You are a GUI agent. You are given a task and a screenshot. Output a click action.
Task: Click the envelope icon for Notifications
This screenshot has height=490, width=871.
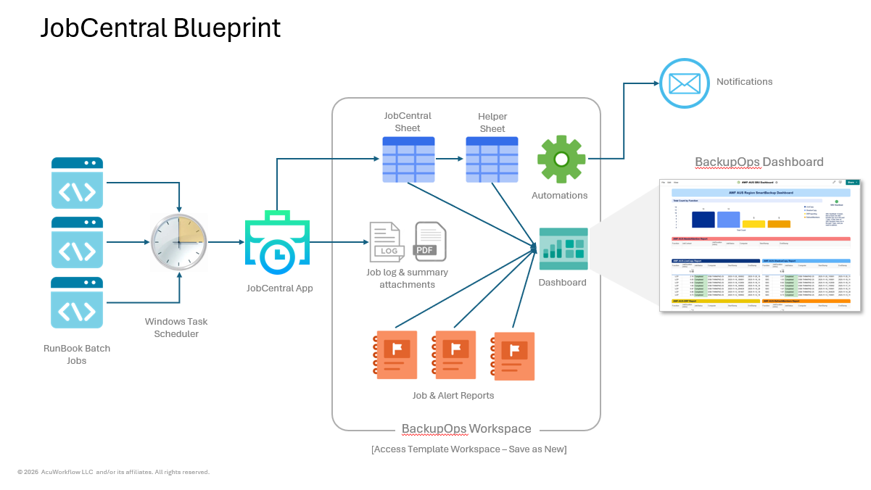coord(684,83)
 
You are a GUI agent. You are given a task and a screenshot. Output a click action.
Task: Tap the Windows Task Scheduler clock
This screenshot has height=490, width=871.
coord(179,243)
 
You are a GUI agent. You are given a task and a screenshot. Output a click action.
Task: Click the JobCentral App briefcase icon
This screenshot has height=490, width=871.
coord(276,243)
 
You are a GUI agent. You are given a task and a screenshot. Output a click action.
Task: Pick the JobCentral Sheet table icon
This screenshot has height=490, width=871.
coord(408,159)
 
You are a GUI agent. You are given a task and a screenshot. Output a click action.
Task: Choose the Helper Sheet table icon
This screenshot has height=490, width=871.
coord(492,159)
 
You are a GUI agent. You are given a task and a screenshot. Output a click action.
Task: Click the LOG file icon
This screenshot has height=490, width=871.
coord(387,241)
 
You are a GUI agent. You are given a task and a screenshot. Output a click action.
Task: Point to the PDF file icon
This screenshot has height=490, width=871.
coord(430,241)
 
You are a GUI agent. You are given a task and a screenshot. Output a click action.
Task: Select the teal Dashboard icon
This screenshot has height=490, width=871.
coord(564,249)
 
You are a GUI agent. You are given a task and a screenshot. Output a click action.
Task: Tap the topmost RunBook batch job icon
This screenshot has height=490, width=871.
coord(77,183)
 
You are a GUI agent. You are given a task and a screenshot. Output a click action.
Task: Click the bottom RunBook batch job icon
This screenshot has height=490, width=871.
coord(77,302)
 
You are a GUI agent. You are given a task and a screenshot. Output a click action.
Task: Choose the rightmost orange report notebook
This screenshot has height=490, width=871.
coord(513,357)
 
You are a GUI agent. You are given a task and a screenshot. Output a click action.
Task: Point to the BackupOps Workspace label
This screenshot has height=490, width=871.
coord(466,429)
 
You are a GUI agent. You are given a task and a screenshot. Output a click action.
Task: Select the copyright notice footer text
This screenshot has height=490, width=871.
coord(113,472)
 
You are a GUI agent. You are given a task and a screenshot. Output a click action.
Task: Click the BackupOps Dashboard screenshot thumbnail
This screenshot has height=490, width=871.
coord(759,245)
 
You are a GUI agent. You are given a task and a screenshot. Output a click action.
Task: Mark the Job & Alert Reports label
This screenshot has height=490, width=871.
coord(453,396)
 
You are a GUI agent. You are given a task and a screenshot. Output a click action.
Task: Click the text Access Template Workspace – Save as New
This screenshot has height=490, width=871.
coord(468,449)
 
